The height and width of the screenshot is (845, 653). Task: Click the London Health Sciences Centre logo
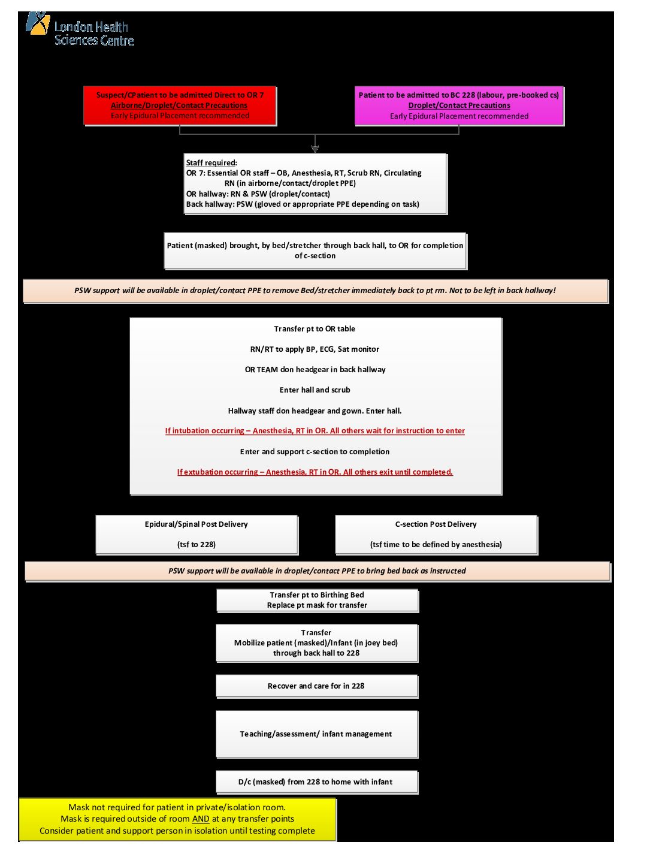[x=79, y=30]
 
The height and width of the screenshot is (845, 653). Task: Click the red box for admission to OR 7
[x=180, y=105]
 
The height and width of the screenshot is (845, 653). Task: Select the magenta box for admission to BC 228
[x=459, y=105]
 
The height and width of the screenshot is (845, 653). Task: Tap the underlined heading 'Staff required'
[x=211, y=163]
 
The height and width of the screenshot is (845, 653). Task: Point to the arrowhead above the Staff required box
[x=315, y=148]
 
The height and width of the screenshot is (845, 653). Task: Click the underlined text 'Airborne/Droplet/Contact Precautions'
[x=179, y=105]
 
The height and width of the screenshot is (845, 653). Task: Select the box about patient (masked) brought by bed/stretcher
[x=315, y=251]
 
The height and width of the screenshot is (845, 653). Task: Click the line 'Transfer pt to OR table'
[x=315, y=329]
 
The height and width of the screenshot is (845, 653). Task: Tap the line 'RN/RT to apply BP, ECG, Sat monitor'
[x=315, y=349]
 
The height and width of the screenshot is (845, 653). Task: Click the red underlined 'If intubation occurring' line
[x=315, y=431]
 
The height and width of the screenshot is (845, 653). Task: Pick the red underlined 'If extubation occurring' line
[x=315, y=472]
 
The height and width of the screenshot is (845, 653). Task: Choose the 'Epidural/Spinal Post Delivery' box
[x=196, y=534]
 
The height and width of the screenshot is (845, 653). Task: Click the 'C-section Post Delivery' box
[x=436, y=534]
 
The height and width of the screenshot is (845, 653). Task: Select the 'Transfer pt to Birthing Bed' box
[x=317, y=600]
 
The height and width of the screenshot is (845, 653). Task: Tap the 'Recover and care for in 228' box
[x=316, y=686]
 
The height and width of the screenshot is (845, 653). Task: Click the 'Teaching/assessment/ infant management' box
[x=316, y=734]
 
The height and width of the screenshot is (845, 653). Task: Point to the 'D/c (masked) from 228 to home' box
[x=316, y=782]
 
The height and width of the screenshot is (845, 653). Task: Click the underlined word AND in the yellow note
[x=201, y=819]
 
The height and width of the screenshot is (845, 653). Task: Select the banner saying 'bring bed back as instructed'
[x=317, y=571]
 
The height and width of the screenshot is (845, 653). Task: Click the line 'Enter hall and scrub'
[x=315, y=390]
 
